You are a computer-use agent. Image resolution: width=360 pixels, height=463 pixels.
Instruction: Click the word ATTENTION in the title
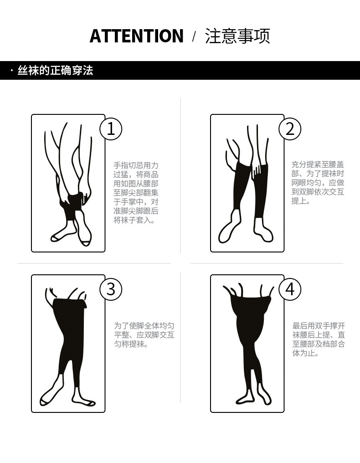point(136,36)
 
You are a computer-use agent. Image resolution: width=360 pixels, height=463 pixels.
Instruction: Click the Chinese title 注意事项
point(237,36)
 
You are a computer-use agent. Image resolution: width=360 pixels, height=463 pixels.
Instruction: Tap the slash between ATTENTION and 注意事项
point(194,36)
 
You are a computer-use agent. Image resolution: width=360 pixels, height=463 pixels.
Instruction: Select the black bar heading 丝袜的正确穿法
point(55,71)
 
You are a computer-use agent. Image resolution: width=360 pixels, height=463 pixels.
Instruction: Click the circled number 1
point(111,129)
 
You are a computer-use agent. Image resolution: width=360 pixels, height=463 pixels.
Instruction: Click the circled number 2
point(290,129)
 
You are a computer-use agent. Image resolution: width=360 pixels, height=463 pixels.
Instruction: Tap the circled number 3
point(111,289)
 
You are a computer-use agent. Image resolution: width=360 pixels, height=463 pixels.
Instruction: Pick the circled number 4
point(290,289)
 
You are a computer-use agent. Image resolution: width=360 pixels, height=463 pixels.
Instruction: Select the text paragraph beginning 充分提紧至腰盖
point(318,183)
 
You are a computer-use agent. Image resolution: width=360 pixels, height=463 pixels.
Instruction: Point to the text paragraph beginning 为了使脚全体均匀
point(144,335)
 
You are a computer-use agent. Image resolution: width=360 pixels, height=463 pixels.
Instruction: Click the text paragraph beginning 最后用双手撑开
point(319,339)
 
